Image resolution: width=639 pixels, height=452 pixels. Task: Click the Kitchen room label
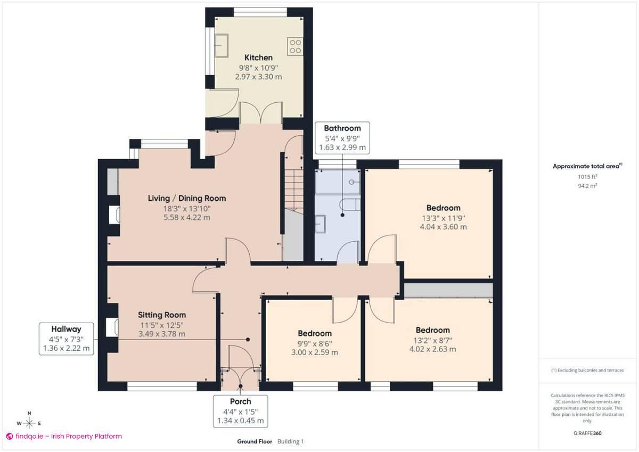coord(258,57)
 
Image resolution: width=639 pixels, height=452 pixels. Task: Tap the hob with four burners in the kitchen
coord(295,46)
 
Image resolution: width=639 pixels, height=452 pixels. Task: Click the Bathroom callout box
coord(342,138)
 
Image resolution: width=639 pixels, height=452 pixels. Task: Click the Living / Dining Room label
coord(186,198)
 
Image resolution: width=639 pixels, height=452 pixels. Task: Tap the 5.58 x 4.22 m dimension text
coord(186,217)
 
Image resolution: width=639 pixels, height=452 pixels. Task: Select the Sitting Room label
coord(162,315)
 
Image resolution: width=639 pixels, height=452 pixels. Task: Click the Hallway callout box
coord(66,339)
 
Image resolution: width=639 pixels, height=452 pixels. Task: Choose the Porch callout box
coord(240,410)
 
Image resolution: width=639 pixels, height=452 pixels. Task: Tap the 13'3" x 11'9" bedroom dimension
coord(443,217)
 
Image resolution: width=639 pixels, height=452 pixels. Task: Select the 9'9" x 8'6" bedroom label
coord(314,333)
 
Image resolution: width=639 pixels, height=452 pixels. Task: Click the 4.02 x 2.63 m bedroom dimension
coord(432,349)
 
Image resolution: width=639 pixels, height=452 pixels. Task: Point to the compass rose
coord(29,423)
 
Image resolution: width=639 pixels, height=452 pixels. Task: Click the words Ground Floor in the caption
coord(255,441)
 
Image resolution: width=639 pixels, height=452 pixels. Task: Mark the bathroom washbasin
coord(321,224)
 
